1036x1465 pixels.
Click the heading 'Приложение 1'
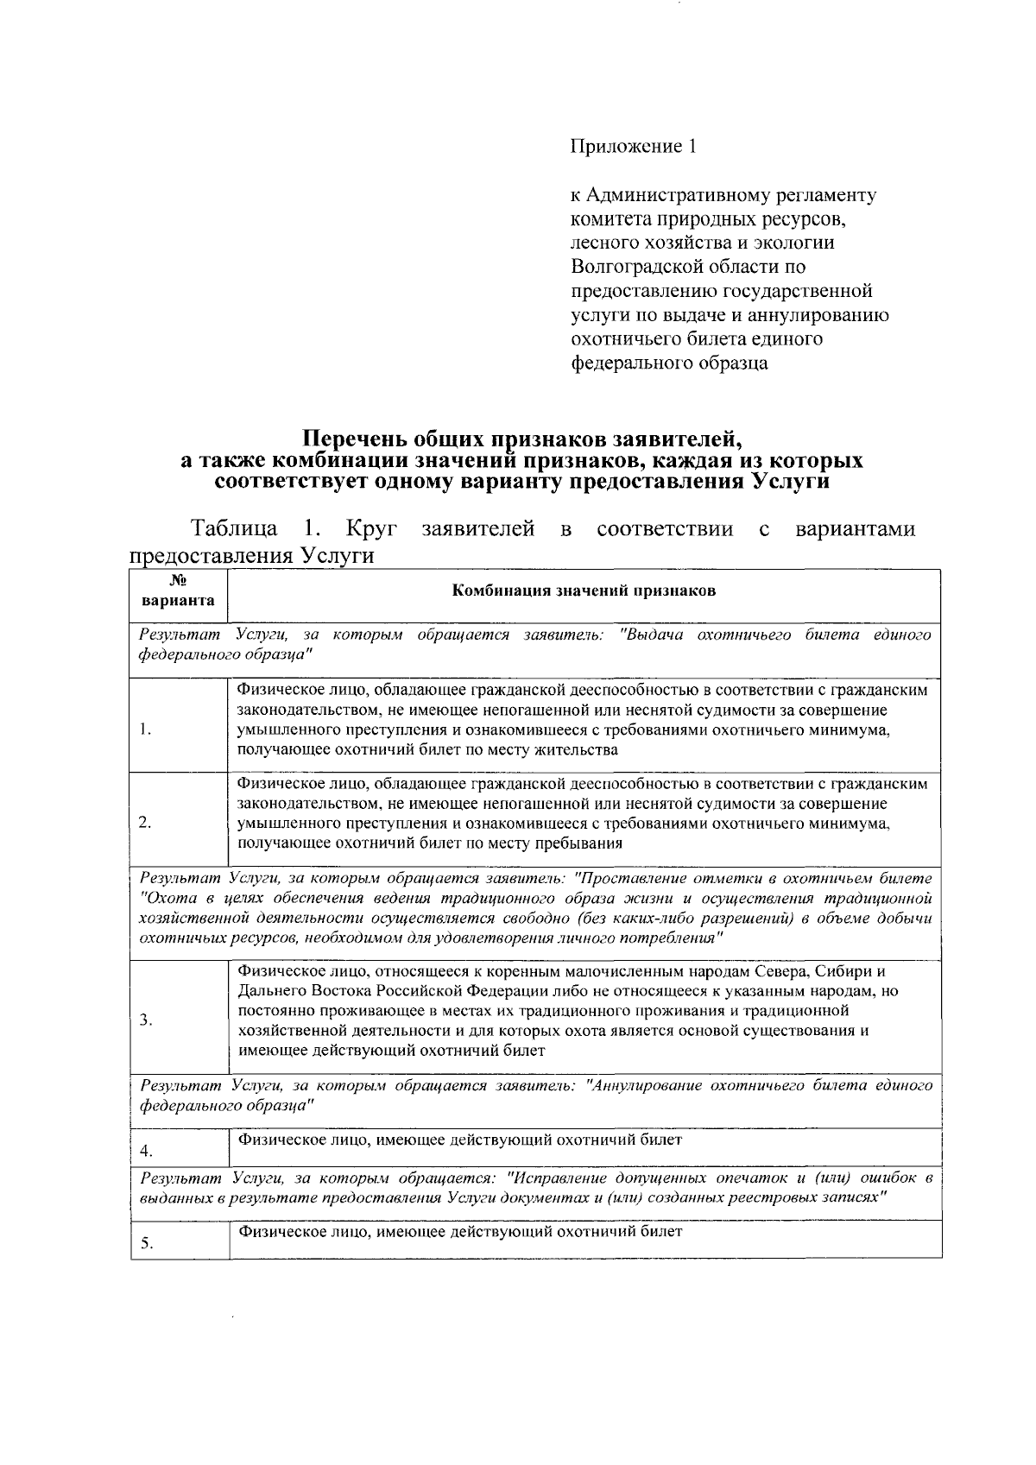point(633,147)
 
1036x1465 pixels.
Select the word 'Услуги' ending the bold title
point(790,482)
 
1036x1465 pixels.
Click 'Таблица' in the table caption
point(235,528)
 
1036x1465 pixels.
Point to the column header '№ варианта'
point(180,591)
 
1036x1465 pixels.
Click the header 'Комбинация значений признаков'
point(584,591)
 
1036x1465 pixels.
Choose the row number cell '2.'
point(145,823)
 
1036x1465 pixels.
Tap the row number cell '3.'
point(145,1020)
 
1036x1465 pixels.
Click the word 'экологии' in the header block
point(798,243)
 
